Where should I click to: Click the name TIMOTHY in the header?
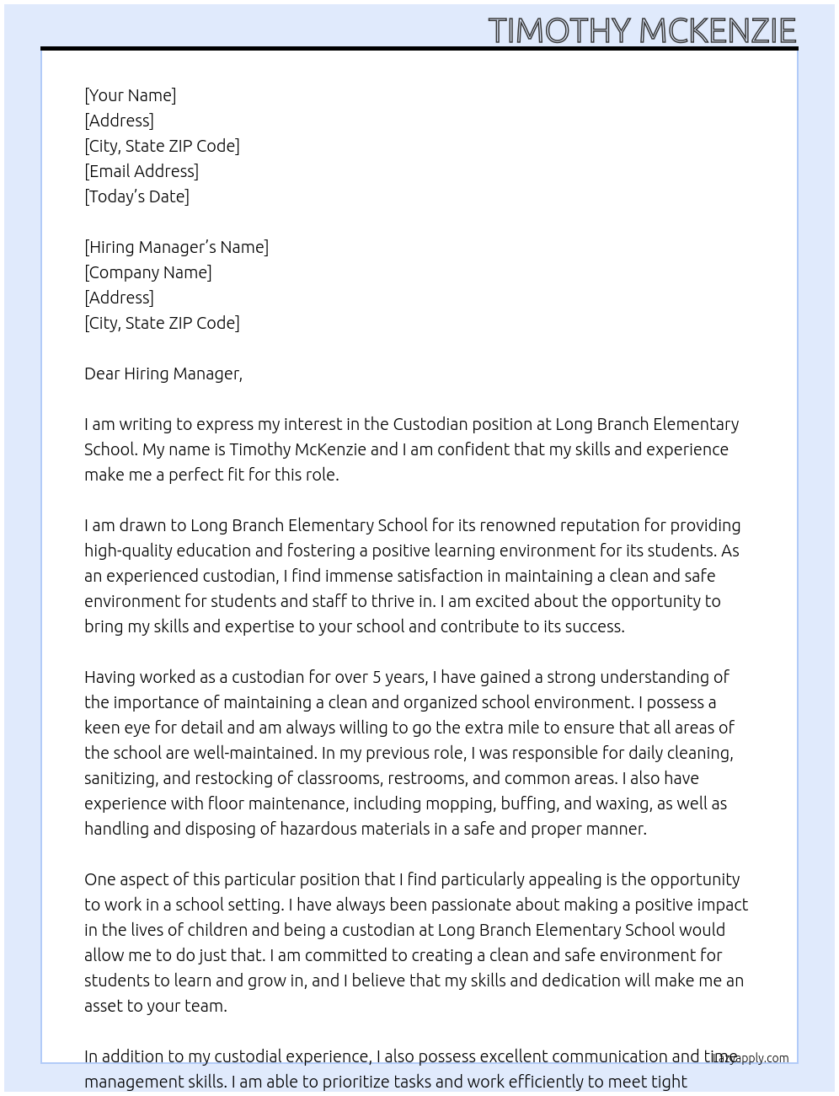point(559,31)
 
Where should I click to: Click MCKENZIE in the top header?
point(718,31)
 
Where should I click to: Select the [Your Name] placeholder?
point(130,95)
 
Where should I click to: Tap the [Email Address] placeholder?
point(142,171)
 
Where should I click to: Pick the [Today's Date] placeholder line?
point(136,196)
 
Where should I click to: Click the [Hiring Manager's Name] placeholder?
point(176,247)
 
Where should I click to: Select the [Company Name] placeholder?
point(147,272)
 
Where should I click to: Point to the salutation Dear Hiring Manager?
point(163,373)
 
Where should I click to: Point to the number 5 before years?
point(377,677)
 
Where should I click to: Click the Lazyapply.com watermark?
point(751,1058)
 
